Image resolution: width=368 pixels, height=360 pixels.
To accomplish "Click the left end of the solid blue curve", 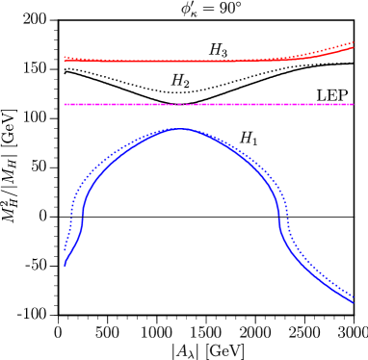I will (65, 265).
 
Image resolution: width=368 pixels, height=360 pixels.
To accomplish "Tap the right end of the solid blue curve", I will (354, 303).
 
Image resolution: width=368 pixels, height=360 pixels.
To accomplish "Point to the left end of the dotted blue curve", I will (65, 250).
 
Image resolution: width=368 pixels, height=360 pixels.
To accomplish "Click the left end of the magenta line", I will (65, 104).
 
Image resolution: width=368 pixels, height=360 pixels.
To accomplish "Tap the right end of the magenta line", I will (354, 104).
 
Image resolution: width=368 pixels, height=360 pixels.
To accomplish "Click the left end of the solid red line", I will (65, 60).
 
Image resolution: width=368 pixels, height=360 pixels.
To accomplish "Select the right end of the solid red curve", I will (354, 47).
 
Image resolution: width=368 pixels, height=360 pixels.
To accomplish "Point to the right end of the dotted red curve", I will (354, 42).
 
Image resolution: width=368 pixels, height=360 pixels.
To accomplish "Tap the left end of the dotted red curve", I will (65, 57).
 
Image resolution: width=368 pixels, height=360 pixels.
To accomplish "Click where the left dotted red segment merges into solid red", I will (100, 61).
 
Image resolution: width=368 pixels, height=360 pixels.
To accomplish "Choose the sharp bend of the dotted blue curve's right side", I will (285, 231).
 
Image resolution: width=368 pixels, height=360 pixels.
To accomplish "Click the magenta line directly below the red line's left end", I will (65, 104).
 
